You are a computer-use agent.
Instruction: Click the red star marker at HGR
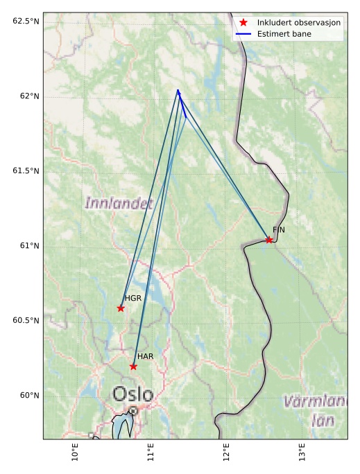(121, 308)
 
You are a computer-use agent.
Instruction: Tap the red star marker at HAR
(133, 366)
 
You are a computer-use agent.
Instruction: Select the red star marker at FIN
(269, 240)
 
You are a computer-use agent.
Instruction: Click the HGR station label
(133, 298)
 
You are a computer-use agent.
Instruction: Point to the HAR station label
(145, 356)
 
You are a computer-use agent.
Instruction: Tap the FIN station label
(279, 229)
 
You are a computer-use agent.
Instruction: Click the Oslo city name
(132, 394)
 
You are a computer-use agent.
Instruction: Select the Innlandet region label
(119, 203)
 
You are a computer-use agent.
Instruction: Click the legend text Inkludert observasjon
(299, 22)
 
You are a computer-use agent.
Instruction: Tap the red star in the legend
(243, 22)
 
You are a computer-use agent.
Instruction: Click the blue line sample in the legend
(243, 33)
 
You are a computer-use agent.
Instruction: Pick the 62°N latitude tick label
(26, 96)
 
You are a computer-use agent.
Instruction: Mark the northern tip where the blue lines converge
(178, 90)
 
